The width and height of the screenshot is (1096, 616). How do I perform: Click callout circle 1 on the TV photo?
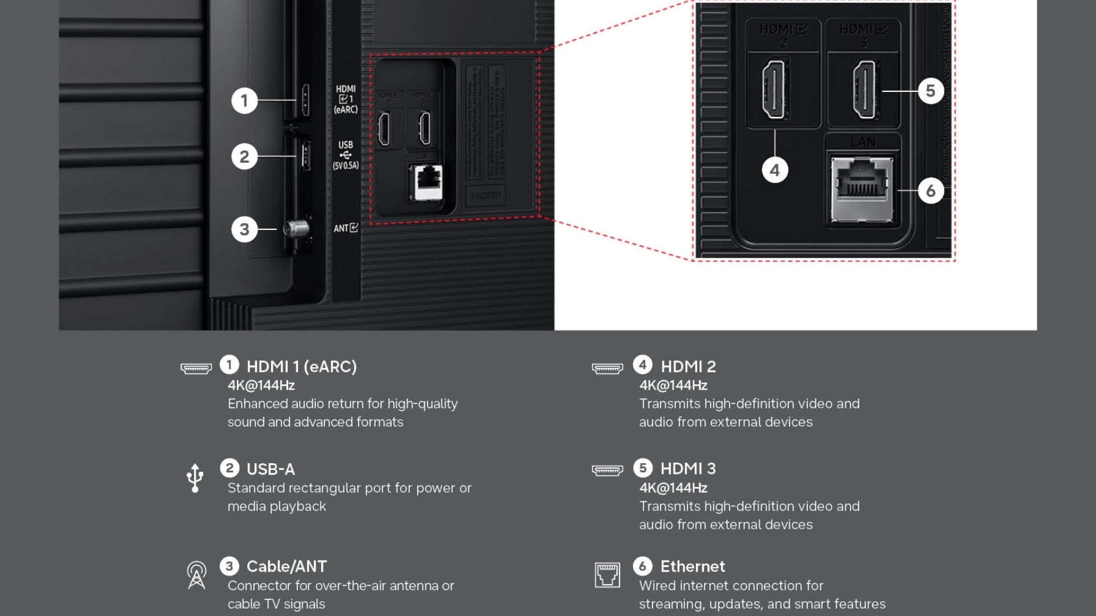(x=244, y=100)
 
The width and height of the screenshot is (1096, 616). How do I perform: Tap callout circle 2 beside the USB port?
(x=244, y=156)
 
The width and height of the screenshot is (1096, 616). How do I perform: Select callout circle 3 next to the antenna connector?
(x=244, y=229)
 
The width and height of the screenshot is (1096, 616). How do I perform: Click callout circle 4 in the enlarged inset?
(x=775, y=170)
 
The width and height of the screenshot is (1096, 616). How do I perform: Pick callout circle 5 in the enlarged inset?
(x=930, y=91)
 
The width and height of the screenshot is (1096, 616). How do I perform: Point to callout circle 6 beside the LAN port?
(x=930, y=191)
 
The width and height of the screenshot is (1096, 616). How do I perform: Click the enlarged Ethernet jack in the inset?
(x=861, y=189)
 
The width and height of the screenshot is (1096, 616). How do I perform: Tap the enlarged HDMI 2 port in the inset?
(x=773, y=90)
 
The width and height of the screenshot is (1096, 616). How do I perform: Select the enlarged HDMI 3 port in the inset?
(x=864, y=90)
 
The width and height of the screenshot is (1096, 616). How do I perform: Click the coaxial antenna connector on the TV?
(x=296, y=229)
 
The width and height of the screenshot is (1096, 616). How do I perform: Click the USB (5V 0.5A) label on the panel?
(x=345, y=155)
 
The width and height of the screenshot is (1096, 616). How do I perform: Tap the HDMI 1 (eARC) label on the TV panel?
(x=345, y=99)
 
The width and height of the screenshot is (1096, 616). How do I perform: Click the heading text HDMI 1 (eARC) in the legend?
(x=301, y=367)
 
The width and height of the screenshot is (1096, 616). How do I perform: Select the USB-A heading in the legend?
(x=271, y=469)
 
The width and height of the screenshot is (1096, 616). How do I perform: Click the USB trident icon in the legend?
(x=195, y=478)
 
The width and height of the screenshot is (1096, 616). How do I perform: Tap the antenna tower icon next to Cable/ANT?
(x=196, y=575)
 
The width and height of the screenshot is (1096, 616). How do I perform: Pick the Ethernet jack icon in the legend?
(x=607, y=575)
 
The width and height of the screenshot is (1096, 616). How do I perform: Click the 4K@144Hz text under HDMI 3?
(x=673, y=488)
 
